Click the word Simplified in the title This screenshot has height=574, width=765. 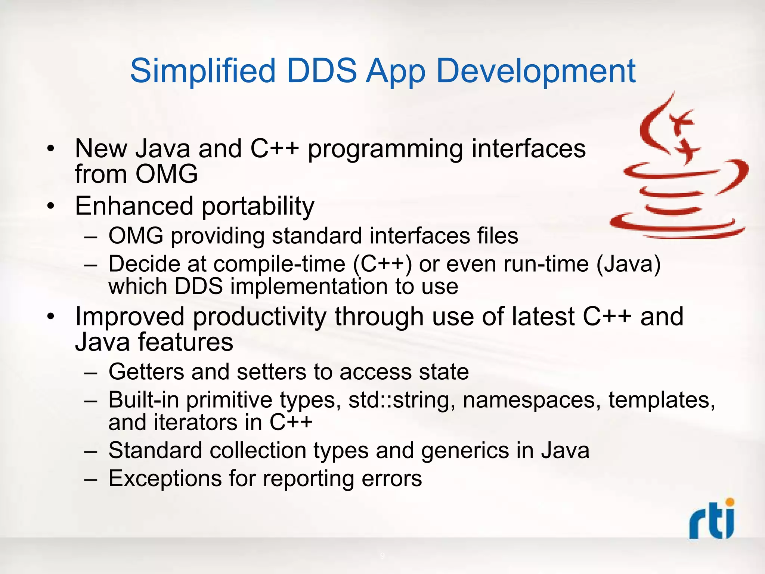click(x=203, y=71)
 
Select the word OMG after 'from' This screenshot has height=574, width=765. click(x=166, y=174)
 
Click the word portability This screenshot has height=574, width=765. click(x=258, y=206)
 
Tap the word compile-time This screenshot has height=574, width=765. click(x=279, y=264)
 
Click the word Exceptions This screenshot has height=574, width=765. click(x=165, y=479)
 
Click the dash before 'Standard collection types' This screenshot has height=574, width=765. click(x=91, y=451)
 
